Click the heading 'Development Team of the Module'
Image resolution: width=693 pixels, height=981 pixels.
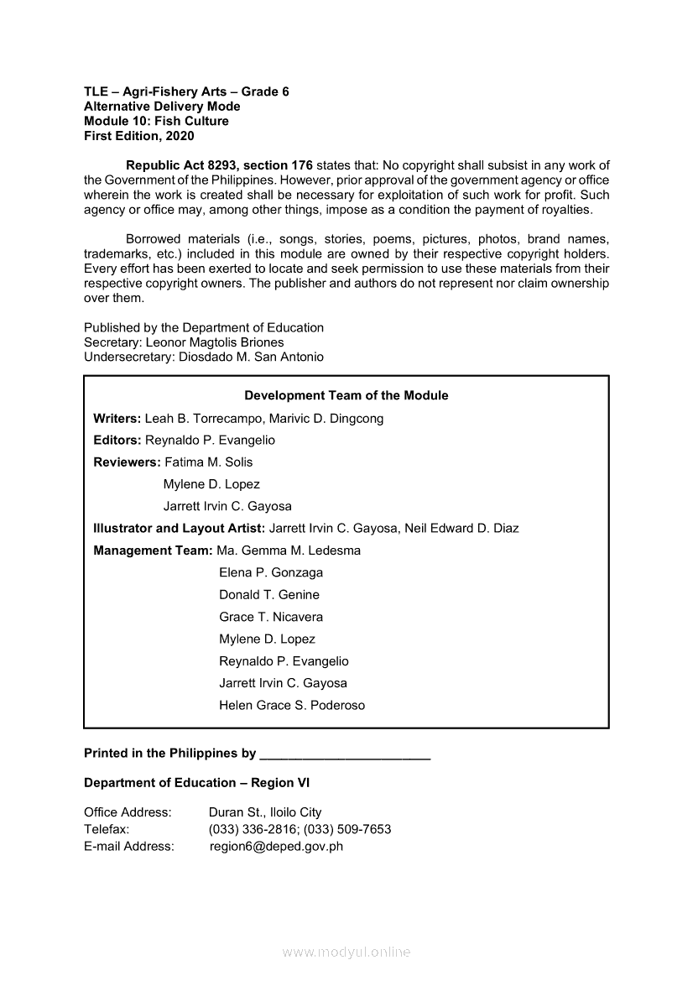pos(346,395)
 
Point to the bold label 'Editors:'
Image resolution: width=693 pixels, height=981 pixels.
pos(117,440)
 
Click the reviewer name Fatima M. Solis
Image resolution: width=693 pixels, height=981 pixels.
pos(208,462)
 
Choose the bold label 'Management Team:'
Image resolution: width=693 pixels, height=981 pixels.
pos(154,551)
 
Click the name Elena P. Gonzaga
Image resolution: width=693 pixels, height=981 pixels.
pos(271,572)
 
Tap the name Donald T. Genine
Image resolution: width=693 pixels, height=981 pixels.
pos(269,594)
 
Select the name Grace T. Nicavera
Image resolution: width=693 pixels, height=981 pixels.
pos(271,617)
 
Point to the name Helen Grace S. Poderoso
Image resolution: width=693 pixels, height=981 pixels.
pos(292,705)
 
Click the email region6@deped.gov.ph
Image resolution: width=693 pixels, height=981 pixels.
pos(276,846)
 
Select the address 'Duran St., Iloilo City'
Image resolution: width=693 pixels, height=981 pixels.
pos(265,812)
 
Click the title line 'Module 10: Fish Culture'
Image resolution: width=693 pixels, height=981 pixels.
pos(156,121)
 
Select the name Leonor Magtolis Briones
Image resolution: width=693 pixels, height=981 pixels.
pos(215,342)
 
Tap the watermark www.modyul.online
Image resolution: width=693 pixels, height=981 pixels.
pos(346,952)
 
